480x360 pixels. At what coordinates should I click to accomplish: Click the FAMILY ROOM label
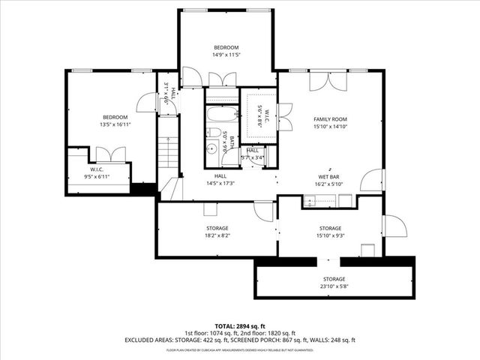330,119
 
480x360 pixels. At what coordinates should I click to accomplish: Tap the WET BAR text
330,176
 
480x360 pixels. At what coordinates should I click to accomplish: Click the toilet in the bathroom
214,133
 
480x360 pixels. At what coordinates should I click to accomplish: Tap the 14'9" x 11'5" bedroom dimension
226,55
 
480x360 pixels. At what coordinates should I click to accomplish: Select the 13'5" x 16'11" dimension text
115,125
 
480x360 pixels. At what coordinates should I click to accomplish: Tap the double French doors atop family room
328,81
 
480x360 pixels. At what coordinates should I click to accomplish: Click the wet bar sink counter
328,200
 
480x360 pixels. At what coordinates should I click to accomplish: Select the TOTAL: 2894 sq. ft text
240,325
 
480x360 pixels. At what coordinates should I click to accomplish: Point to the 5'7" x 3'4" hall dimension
252,157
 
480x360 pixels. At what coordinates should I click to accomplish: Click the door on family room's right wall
372,181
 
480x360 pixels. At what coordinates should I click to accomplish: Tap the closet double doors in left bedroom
110,154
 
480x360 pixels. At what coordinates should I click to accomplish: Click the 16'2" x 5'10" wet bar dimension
330,184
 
